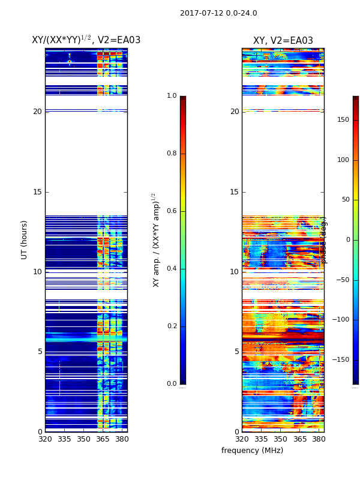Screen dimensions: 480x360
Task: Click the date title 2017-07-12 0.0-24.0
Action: pyautogui.click(x=218, y=13)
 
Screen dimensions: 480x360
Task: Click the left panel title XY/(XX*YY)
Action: pyautogui.click(x=86, y=40)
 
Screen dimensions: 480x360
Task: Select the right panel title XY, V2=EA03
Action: pyautogui.click(x=283, y=41)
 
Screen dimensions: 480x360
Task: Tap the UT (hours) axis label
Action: pyautogui.click(x=25, y=239)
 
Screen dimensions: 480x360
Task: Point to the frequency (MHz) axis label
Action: pyautogui.click(x=252, y=451)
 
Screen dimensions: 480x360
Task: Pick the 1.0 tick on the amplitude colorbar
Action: pyautogui.click(x=172, y=96)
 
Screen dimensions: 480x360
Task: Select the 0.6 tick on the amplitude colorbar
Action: pyautogui.click(x=172, y=211)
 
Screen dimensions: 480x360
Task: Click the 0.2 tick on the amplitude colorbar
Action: pyautogui.click(x=172, y=326)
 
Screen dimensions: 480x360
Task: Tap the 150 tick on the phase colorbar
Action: pyautogui.click(x=343, y=120)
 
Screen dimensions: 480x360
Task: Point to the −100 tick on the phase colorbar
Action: pyautogui.click(x=341, y=320)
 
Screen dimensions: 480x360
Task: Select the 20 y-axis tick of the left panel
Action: pyautogui.click(x=37, y=112)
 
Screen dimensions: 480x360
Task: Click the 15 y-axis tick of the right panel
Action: pyautogui.click(x=234, y=192)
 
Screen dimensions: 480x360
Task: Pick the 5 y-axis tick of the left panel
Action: pyautogui.click(x=39, y=352)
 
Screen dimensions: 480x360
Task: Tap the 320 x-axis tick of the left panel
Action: pyautogui.click(x=45, y=439)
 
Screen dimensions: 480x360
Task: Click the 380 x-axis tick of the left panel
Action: pyautogui.click(x=122, y=439)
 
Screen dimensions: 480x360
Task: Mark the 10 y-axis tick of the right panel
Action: pyautogui.click(x=234, y=272)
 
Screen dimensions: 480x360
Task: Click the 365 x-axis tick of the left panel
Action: pyautogui.click(x=103, y=439)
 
